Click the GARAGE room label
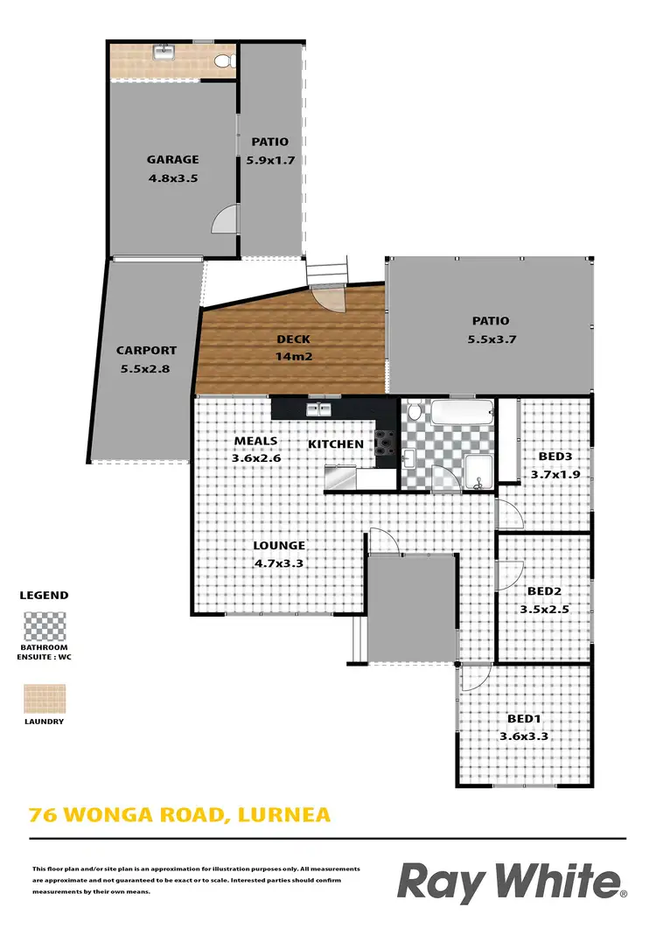[172, 160]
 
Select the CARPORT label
[146, 351]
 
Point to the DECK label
[294, 339]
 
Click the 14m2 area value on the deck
[294, 357]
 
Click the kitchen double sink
[317, 408]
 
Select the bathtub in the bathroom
[462, 412]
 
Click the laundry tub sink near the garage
[164, 52]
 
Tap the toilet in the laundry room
[224, 60]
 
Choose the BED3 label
[555, 457]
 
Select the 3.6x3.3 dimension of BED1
[523, 736]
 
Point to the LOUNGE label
[279, 546]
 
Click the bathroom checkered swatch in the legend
[44, 626]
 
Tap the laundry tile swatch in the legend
[44, 700]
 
